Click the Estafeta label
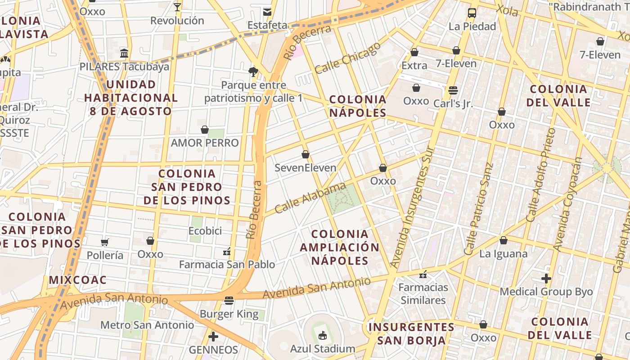pos(267,25)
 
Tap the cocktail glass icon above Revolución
pos(177,7)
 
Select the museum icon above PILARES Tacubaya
pos(124,54)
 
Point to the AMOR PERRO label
pos(205,143)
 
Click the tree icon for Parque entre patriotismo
pos(253,72)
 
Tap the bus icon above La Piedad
pos(472,13)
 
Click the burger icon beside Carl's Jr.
pos(453,90)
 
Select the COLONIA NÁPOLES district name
pos(358,106)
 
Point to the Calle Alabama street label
pos(310,198)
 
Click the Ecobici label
pos(205,231)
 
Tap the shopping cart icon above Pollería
pos(105,243)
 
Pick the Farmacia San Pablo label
pos(227,265)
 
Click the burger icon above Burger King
pos(229,301)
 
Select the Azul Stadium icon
pos(322,335)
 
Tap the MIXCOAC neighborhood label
pos(77,280)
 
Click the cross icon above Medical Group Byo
pos(546,279)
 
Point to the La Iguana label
pos(503,254)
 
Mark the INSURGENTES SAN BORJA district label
pos(411,333)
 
